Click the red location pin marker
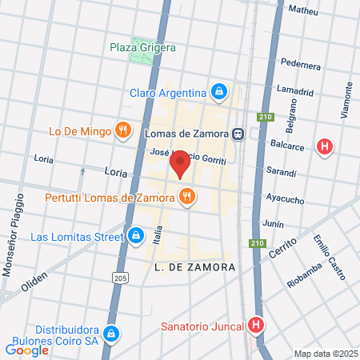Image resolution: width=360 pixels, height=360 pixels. [x=180, y=162]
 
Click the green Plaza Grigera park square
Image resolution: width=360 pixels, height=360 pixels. [x=145, y=45]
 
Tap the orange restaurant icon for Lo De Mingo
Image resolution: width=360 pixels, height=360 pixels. [x=122, y=130]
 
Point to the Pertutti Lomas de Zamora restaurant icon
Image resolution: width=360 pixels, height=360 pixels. [x=186, y=197]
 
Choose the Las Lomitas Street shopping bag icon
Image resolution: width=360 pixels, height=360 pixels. [x=135, y=236]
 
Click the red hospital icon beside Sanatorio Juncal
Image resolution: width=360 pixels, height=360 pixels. [x=256, y=325]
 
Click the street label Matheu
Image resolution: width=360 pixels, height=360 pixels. [x=303, y=10]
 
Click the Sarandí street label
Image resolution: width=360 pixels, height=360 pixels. [x=281, y=172]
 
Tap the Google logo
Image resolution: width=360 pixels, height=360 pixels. [x=26, y=350]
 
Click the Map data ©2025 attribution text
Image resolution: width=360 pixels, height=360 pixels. [x=324, y=354]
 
